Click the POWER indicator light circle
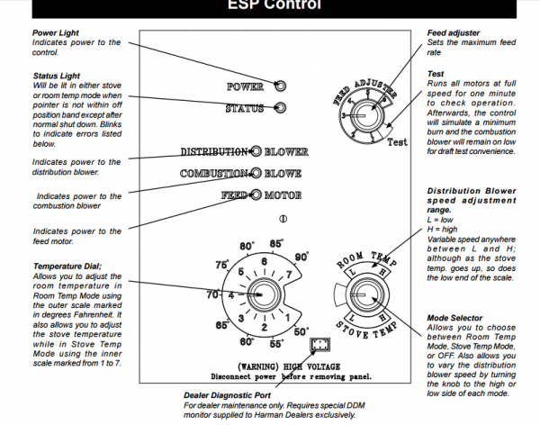point(280,86)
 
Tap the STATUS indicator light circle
point(280,109)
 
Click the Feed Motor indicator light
point(256,194)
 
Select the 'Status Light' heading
point(55,77)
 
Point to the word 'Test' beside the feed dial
point(397,142)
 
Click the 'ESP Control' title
point(269,5)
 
